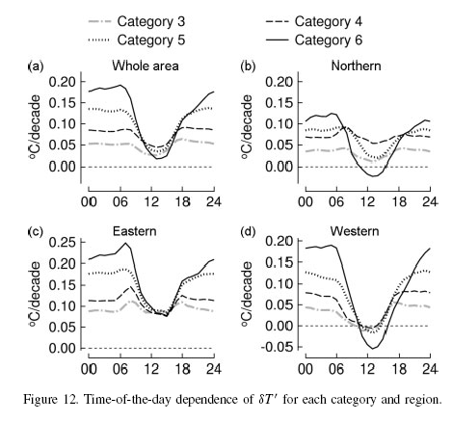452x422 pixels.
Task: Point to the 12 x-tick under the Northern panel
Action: click(362, 205)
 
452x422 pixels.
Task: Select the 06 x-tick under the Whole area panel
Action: click(120, 205)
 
